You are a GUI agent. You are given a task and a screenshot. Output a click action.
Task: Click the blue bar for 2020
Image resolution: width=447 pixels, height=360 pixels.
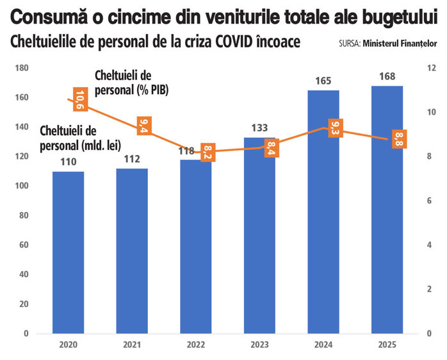[68, 252]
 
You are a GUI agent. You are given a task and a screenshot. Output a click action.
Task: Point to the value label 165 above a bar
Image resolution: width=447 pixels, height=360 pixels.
[323, 81]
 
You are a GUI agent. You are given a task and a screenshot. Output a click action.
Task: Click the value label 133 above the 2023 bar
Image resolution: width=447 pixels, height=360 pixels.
[259, 128]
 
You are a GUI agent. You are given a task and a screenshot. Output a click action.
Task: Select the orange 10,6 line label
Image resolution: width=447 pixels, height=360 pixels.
[79, 99]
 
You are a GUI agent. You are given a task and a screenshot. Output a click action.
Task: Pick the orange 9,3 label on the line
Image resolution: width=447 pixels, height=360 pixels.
[334, 128]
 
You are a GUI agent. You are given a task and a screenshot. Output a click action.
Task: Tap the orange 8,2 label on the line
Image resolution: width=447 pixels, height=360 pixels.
[206, 152]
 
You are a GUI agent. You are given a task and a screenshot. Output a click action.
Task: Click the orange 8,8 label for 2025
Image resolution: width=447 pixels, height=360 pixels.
[398, 139]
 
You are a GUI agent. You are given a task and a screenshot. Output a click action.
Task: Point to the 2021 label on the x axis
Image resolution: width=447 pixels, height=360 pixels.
[131, 345]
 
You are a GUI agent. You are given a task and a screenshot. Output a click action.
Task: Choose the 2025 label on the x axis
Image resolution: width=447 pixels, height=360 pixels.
[387, 345]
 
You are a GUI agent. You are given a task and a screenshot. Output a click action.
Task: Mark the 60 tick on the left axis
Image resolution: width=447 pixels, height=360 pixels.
[23, 245]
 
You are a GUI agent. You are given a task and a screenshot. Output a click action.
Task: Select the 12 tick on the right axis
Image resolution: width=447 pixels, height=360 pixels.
[432, 68]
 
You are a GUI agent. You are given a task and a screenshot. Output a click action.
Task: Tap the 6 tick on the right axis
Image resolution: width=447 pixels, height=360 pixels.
[432, 200]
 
